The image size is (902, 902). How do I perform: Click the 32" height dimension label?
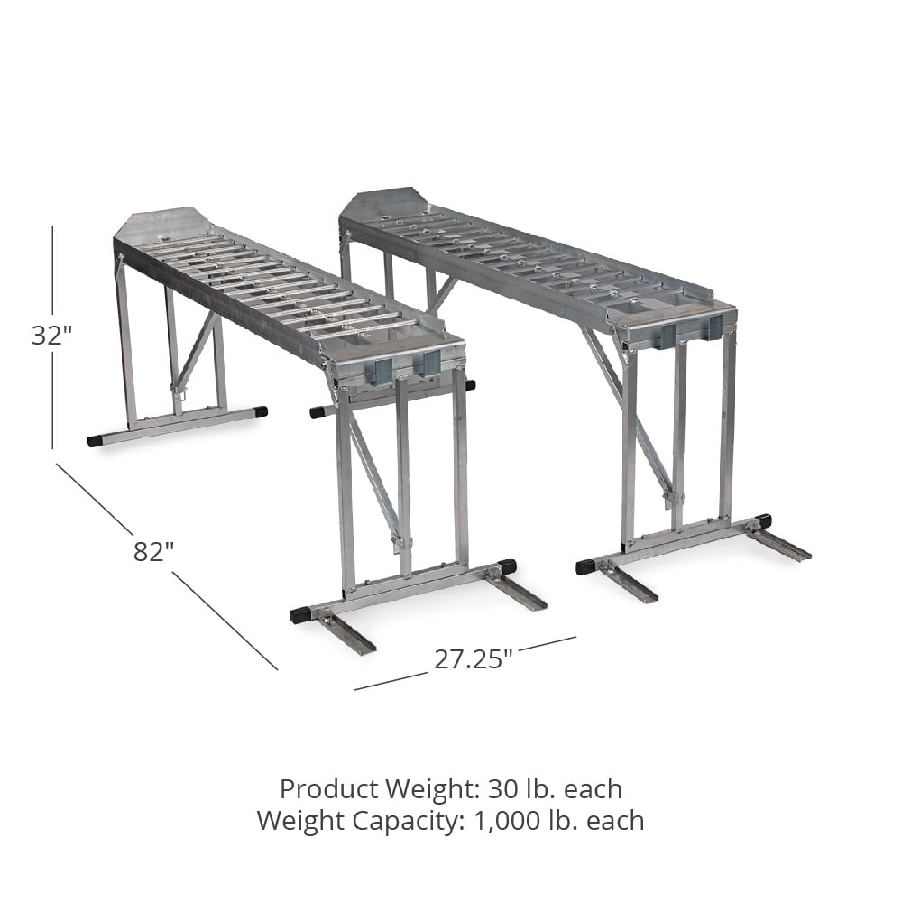coord(51,335)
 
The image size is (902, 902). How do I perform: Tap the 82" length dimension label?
coord(153,551)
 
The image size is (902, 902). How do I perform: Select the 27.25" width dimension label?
coord(474,658)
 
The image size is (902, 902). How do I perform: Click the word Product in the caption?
coord(329,789)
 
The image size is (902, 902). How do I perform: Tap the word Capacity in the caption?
coord(416,821)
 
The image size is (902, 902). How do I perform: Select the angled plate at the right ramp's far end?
coord(384,202)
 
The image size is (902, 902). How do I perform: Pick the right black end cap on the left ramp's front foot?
coord(506,566)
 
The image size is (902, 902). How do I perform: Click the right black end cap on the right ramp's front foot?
coord(762,521)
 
